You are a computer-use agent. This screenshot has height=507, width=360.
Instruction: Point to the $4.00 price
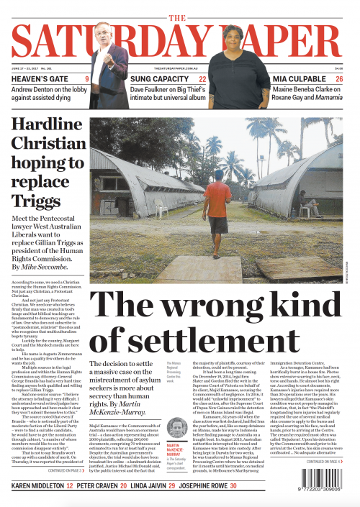point(339,69)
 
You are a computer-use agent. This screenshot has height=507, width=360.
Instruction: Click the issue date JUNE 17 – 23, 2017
point(27,69)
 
